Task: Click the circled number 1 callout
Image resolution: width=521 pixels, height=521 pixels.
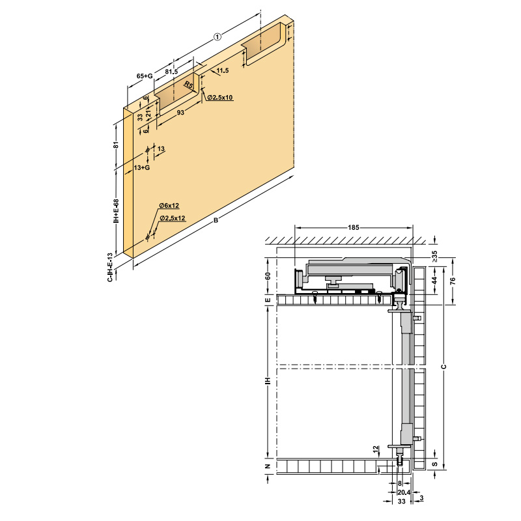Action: click(x=217, y=37)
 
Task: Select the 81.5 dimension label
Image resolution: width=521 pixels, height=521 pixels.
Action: click(x=171, y=72)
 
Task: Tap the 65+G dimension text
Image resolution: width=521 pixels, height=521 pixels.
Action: click(x=145, y=76)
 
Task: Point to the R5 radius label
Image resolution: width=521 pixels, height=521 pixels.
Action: click(x=189, y=85)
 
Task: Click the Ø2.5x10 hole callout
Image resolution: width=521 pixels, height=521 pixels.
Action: click(x=220, y=97)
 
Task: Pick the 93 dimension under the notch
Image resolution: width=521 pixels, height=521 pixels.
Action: click(x=180, y=113)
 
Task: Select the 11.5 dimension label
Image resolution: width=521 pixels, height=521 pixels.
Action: click(x=223, y=70)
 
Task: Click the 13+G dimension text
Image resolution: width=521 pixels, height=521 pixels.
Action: click(x=142, y=168)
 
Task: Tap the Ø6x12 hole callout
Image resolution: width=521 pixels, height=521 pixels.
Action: click(x=169, y=206)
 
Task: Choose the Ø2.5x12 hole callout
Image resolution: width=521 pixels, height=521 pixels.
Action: click(x=173, y=218)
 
